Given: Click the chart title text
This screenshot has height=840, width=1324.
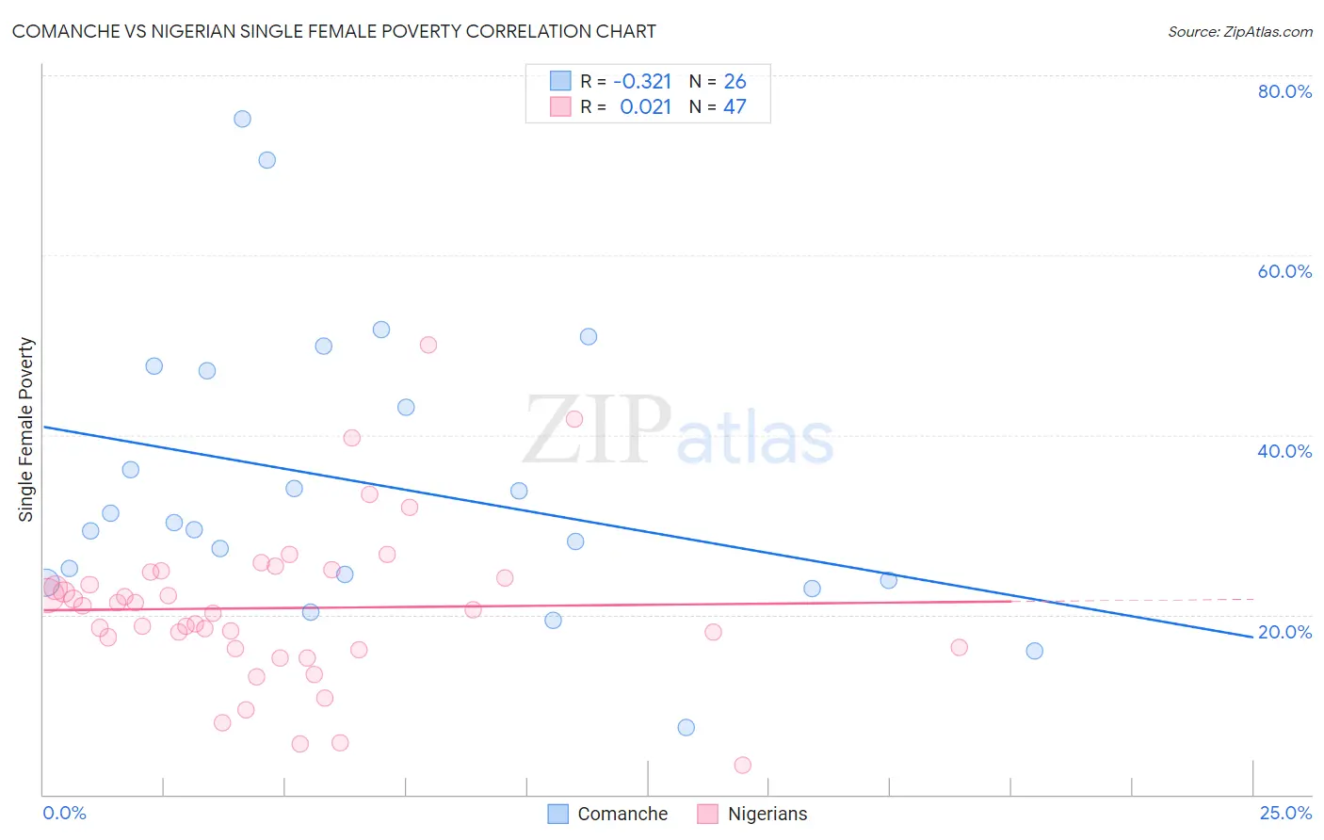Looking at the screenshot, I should [334, 31].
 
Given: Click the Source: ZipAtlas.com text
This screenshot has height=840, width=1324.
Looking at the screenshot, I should [1239, 31].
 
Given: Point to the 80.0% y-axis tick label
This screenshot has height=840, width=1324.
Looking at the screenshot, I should [1284, 91].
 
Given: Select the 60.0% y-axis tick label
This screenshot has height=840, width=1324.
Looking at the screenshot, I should [1284, 271].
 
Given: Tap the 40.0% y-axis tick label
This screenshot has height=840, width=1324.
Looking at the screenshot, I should [1284, 451].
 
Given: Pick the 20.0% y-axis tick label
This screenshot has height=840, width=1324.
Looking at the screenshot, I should [1284, 632].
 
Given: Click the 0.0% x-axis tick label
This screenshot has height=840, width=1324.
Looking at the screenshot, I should [64, 813].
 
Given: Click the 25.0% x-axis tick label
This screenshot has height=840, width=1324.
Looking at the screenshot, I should [1285, 813].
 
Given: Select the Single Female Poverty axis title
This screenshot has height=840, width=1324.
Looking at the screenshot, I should [26, 429].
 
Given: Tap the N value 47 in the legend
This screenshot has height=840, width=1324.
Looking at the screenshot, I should [735, 106].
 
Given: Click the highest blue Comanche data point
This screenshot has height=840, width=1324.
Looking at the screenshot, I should [242, 119].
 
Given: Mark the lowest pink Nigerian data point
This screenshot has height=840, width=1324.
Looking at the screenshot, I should [742, 765].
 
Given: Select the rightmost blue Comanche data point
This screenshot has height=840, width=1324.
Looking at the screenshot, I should [1034, 651].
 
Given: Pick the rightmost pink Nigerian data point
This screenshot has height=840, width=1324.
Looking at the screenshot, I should [959, 647].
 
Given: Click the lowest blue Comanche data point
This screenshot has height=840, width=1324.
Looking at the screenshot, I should [686, 727].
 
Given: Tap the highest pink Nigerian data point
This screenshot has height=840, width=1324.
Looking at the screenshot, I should [428, 345].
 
